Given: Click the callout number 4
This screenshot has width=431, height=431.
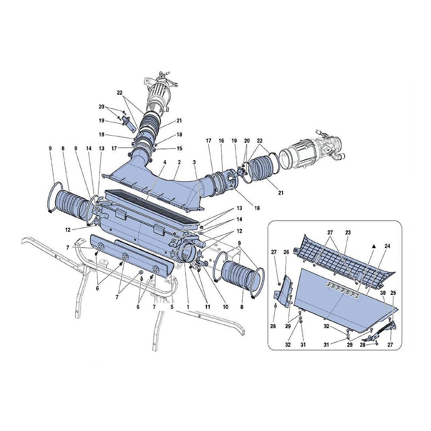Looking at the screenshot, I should coord(164,162).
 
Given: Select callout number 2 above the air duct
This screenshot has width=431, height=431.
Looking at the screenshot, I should coord(180,162).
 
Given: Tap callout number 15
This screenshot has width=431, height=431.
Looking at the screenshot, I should coord(180,148).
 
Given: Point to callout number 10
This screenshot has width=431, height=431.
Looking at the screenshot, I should coord(225,307).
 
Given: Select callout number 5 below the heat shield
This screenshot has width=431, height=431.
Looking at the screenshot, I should coord(172,307).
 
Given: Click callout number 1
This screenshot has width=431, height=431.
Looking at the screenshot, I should coord(187,307).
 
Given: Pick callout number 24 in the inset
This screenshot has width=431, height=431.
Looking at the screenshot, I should coord(387,246).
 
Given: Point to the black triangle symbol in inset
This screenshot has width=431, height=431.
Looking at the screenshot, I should coord(374,247).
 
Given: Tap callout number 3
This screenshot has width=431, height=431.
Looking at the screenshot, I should coord(194,162).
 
